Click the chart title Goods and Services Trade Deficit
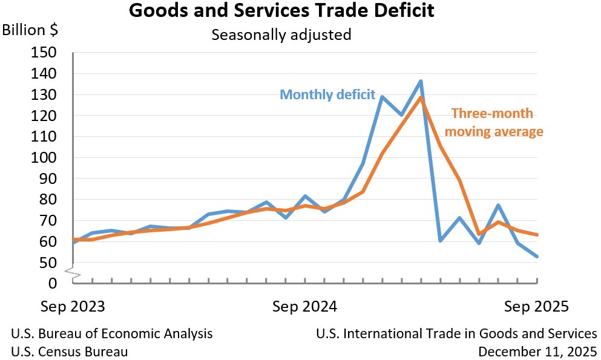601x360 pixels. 281,11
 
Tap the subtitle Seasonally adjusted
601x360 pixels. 281,34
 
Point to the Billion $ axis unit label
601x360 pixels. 31,30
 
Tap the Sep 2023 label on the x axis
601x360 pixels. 73,306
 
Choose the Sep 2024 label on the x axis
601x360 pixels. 304,306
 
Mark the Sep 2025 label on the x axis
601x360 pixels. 537,306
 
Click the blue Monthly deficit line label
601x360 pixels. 327,95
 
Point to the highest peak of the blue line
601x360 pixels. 421,81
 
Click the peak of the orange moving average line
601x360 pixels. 421,97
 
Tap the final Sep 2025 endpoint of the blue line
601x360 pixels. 537,257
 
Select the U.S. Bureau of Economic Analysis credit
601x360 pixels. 112,333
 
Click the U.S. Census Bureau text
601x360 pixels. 70,351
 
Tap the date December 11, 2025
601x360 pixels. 537,351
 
